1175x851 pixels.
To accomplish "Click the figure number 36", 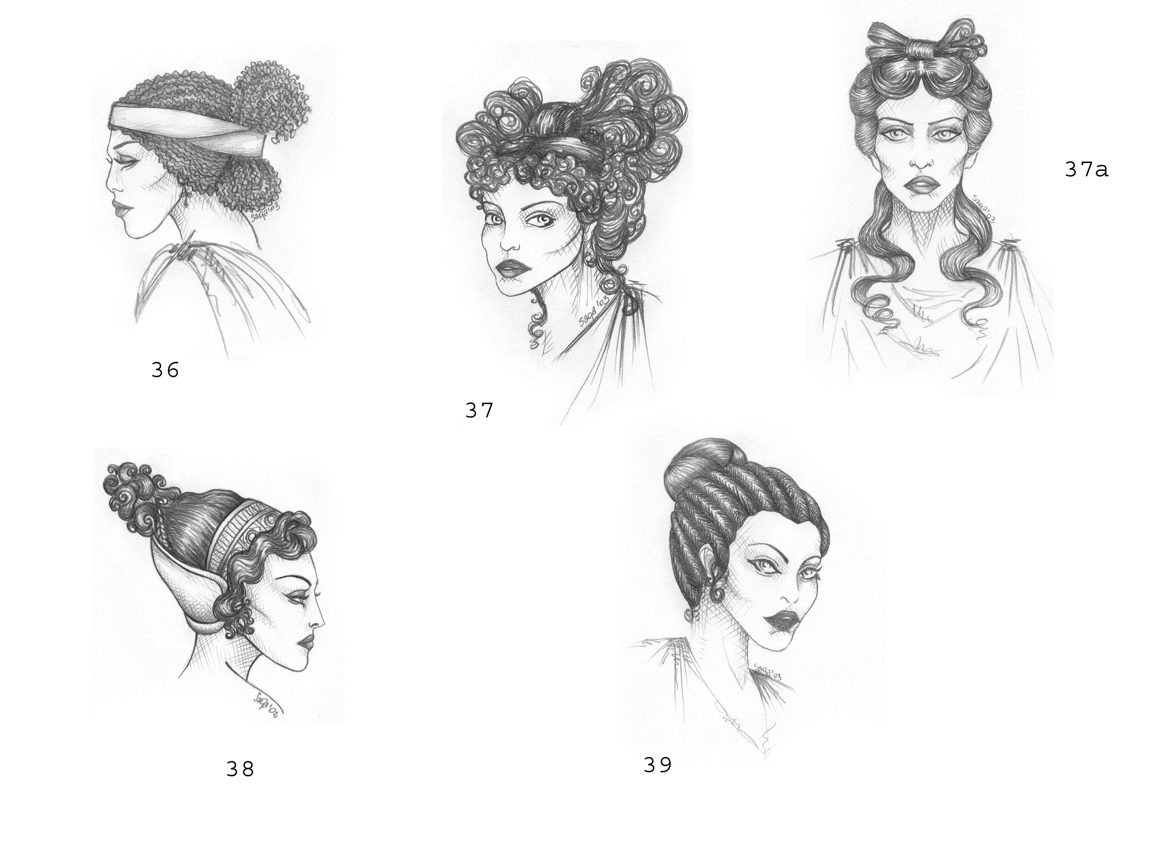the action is pyautogui.click(x=165, y=370).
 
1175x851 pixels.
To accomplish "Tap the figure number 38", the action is pyautogui.click(x=240, y=769).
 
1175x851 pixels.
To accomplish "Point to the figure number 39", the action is pyautogui.click(x=657, y=765).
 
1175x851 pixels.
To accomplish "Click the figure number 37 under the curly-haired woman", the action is pyautogui.click(x=479, y=410).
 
